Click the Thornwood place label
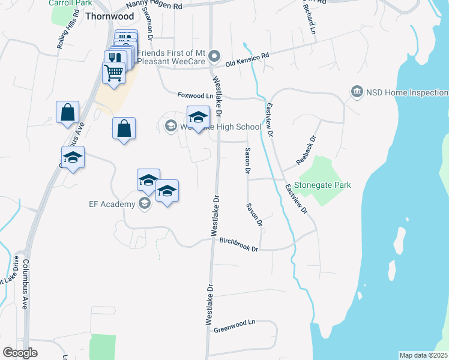point(109,17)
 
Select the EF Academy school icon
point(144,205)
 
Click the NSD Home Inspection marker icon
point(357,92)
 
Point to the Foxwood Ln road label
point(195,95)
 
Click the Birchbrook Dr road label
point(238,245)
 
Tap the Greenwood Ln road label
point(235,328)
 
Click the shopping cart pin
point(114,73)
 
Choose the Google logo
point(20,353)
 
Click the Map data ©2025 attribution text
point(424,355)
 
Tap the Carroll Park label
point(65,2)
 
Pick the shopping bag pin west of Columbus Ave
point(67,112)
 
